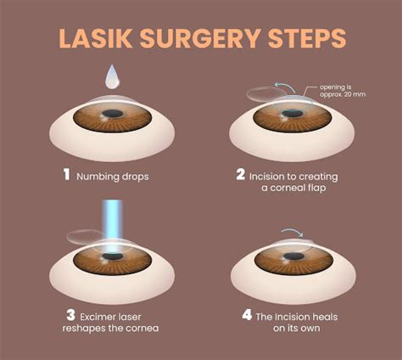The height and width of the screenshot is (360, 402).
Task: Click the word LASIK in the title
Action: point(96,38)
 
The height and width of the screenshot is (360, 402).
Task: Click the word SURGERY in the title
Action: point(200,38)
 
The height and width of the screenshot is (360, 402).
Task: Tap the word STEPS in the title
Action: point(307,38)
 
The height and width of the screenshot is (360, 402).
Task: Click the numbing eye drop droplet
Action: point(112,76)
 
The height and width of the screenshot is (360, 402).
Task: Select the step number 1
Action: point(66,174)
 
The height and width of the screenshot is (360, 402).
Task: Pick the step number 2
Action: point(241,174)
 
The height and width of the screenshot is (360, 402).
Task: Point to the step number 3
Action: point(70,315)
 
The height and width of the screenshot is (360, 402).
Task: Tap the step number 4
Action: point(247,315)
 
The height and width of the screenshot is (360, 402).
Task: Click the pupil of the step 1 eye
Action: point(113,114)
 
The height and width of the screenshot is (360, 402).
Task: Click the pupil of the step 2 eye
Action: point(293,114)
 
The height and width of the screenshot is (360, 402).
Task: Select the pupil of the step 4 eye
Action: point(293,256)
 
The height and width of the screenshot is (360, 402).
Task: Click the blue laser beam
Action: point(112,226)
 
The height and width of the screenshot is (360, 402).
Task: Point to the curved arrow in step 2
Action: point(284,85)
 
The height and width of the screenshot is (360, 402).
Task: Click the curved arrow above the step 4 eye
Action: point(293,230)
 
